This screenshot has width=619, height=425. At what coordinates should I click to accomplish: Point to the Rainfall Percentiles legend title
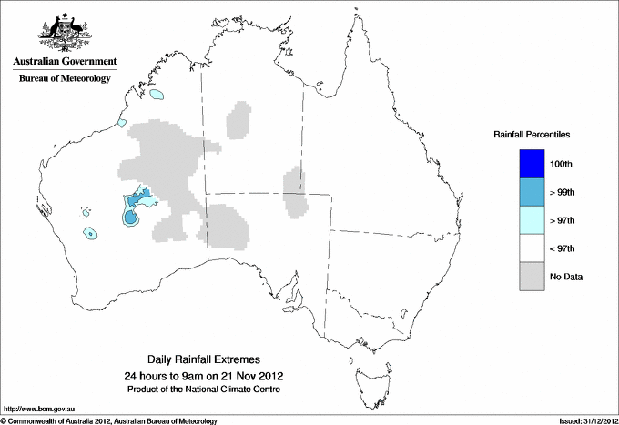tap(532, 135)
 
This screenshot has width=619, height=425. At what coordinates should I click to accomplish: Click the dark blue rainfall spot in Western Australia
tap(131, 218)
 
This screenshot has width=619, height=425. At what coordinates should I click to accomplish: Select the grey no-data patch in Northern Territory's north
tap(240, 119)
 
